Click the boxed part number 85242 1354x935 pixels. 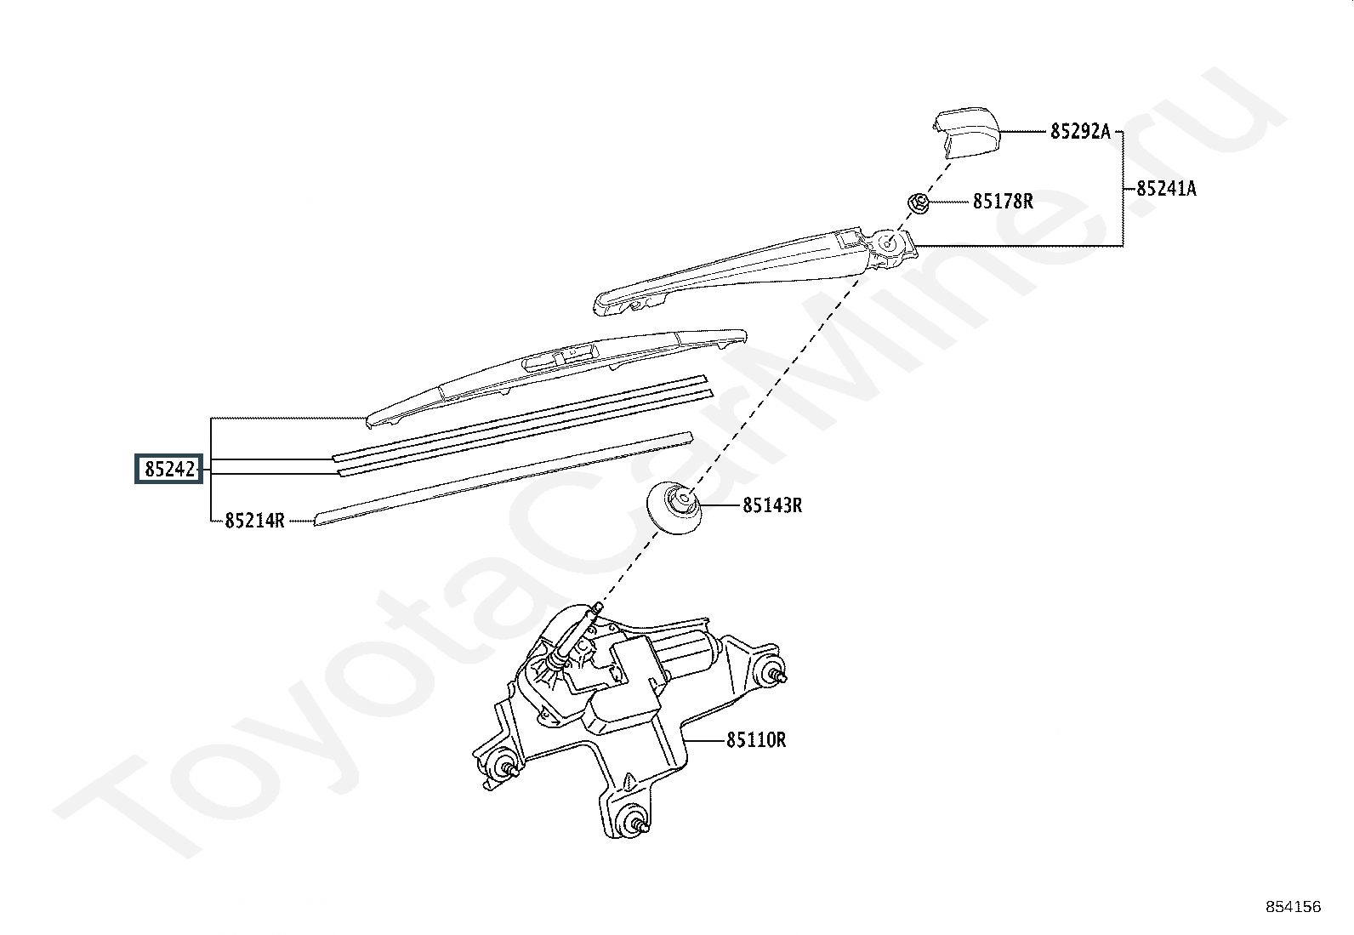[x=169, y=469]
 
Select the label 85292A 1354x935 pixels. [x=1080, y=131]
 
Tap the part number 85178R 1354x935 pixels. [x=1003, y=201]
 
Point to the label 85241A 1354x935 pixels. [x=1167, y=189]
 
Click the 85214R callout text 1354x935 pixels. [x=254, y=520]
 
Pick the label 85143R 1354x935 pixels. [x=772, y=505]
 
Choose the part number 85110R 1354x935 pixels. [x=756, y=739]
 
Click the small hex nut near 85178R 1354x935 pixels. [x=919, y=202]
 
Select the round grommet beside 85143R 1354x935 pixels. [x=674, y=507]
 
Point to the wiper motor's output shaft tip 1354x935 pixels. [x=599, y=607]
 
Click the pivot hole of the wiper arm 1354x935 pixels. [x=887, y=243]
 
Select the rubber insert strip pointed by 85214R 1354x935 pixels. [x=503, y=478]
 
